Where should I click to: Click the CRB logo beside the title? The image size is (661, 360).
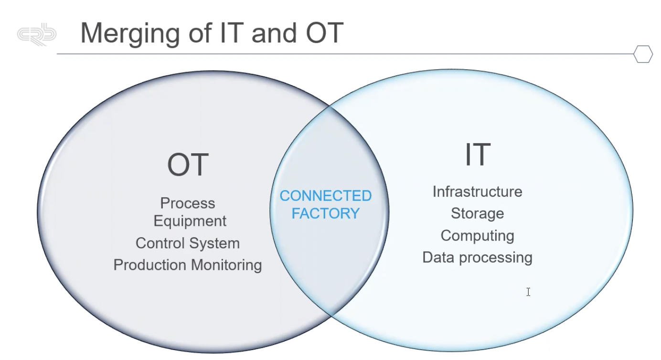pyautogui.click(x=37, y=35)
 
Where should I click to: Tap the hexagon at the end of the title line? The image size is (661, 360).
pyautogui.click(x=643, y=54)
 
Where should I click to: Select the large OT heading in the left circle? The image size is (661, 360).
pyautogui.click(x=188, y=165)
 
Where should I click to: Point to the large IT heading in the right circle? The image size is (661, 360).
pyautogui.click(x=477, y=155)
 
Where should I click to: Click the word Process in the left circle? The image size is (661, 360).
pyautogui.click(x=188, y=203)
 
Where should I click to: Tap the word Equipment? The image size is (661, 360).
pyautogui.click(x=190, y=221)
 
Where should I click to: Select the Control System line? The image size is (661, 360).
pyautogui.click(x=188, y=243)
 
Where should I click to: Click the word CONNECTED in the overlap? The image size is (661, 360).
pyautogui.click(x=326, y=196)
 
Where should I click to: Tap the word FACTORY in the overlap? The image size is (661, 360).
pyautogui.click(x=326, y=213)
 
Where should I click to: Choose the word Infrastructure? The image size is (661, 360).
pyautogui.click(x=477, y=191)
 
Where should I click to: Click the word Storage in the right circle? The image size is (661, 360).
pyautogui.click(x=477, y=213)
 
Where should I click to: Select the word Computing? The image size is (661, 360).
pyautogui.click(x=477, y=235)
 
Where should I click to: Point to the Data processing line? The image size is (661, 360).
pyautogui.click(x=477, y=257)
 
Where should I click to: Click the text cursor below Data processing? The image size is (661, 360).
pyautogui.click(x=528, y=292)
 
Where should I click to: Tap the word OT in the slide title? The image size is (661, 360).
pyautogui.click(x=321, y=32)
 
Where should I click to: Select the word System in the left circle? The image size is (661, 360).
pyautogui.click(x=217, y=243)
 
